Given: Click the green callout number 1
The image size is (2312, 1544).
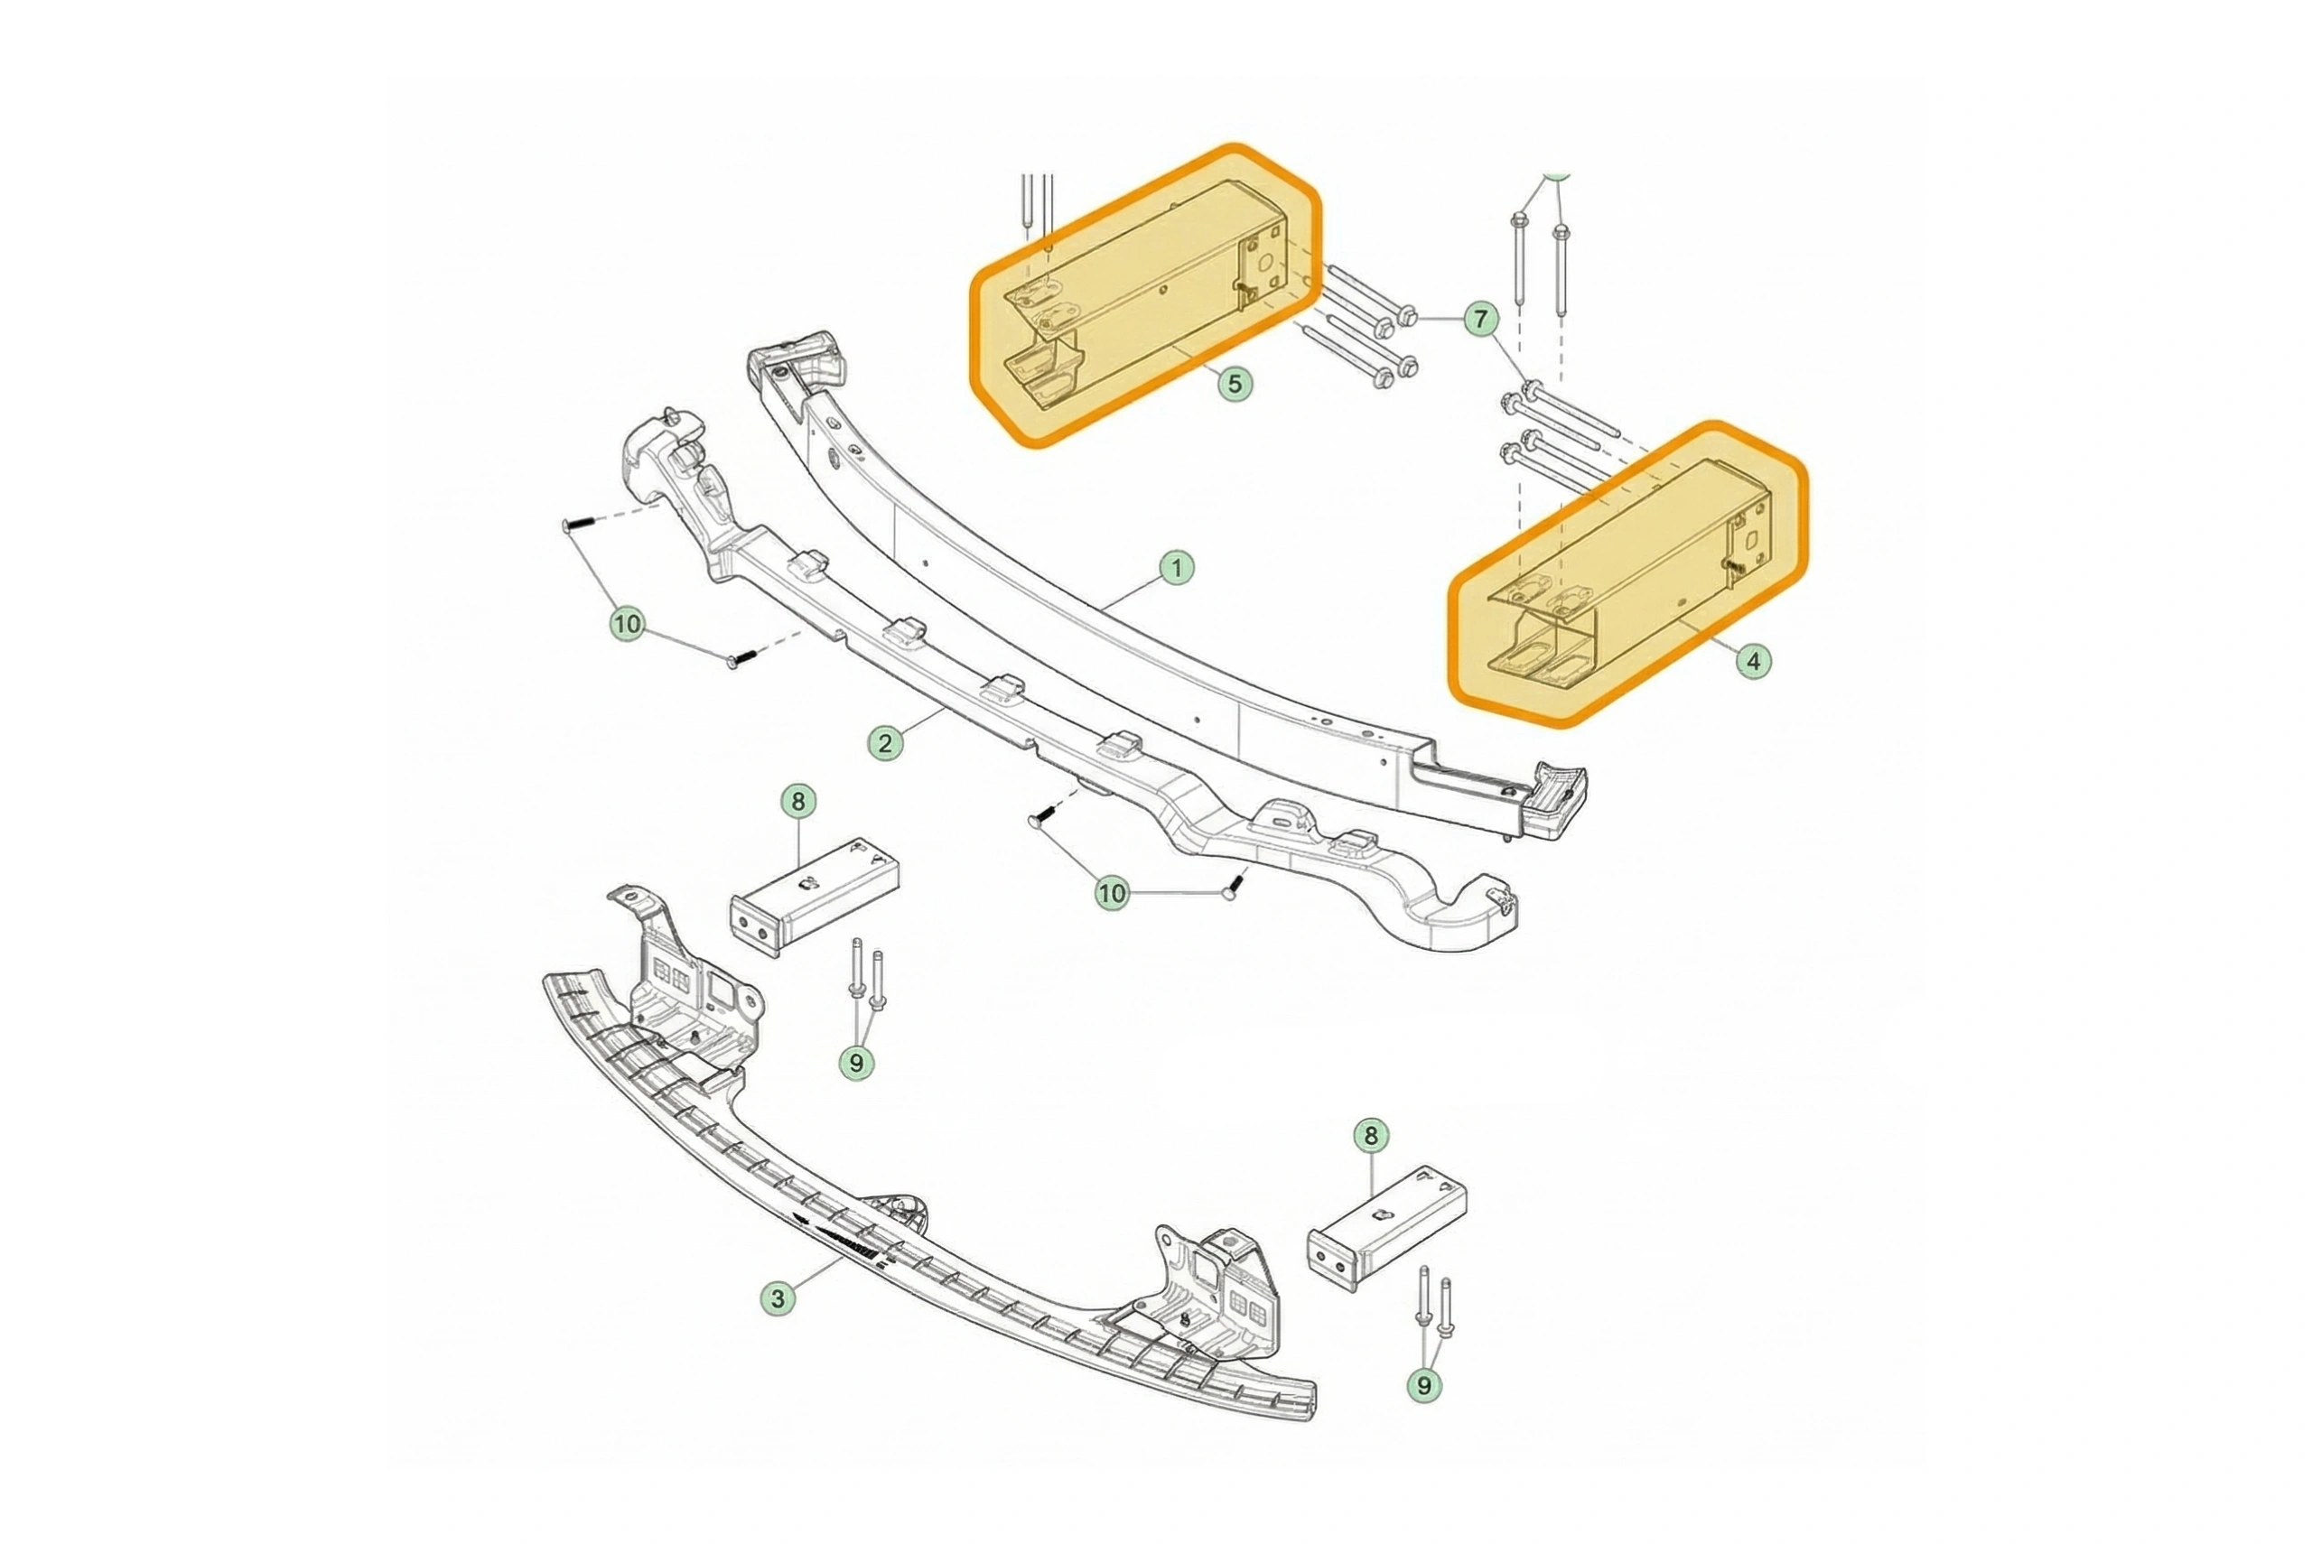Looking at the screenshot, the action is [1176, 568].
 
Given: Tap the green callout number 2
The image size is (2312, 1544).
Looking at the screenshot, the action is [885, 743].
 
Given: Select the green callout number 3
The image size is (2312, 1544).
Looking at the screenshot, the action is [778, 1298].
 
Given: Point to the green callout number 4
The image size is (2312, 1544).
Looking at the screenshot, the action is [1753, 661].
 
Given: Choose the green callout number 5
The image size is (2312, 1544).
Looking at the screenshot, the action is [1235, 383].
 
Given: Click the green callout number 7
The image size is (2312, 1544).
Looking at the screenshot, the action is [1481, 319].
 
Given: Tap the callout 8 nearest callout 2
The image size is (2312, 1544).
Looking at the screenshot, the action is [797, 802].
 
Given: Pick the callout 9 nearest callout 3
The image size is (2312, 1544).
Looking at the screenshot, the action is [855, 1064].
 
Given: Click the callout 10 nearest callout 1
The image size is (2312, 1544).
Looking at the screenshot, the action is [1111, 894].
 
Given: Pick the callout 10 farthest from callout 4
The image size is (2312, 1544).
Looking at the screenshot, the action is [628, 624].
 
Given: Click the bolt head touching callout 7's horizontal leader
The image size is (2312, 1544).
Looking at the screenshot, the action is [1406, 318].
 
